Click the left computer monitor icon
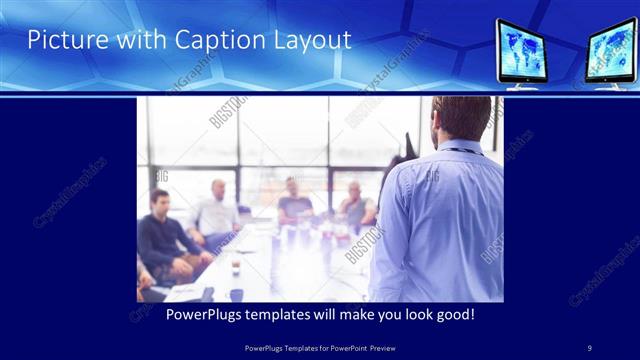coord(529,51)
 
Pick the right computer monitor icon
coord(612,51)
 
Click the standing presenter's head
coord(463,119)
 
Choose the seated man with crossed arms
coord(355,205)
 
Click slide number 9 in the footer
coord(590,347)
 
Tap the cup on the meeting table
coord(236,267)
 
